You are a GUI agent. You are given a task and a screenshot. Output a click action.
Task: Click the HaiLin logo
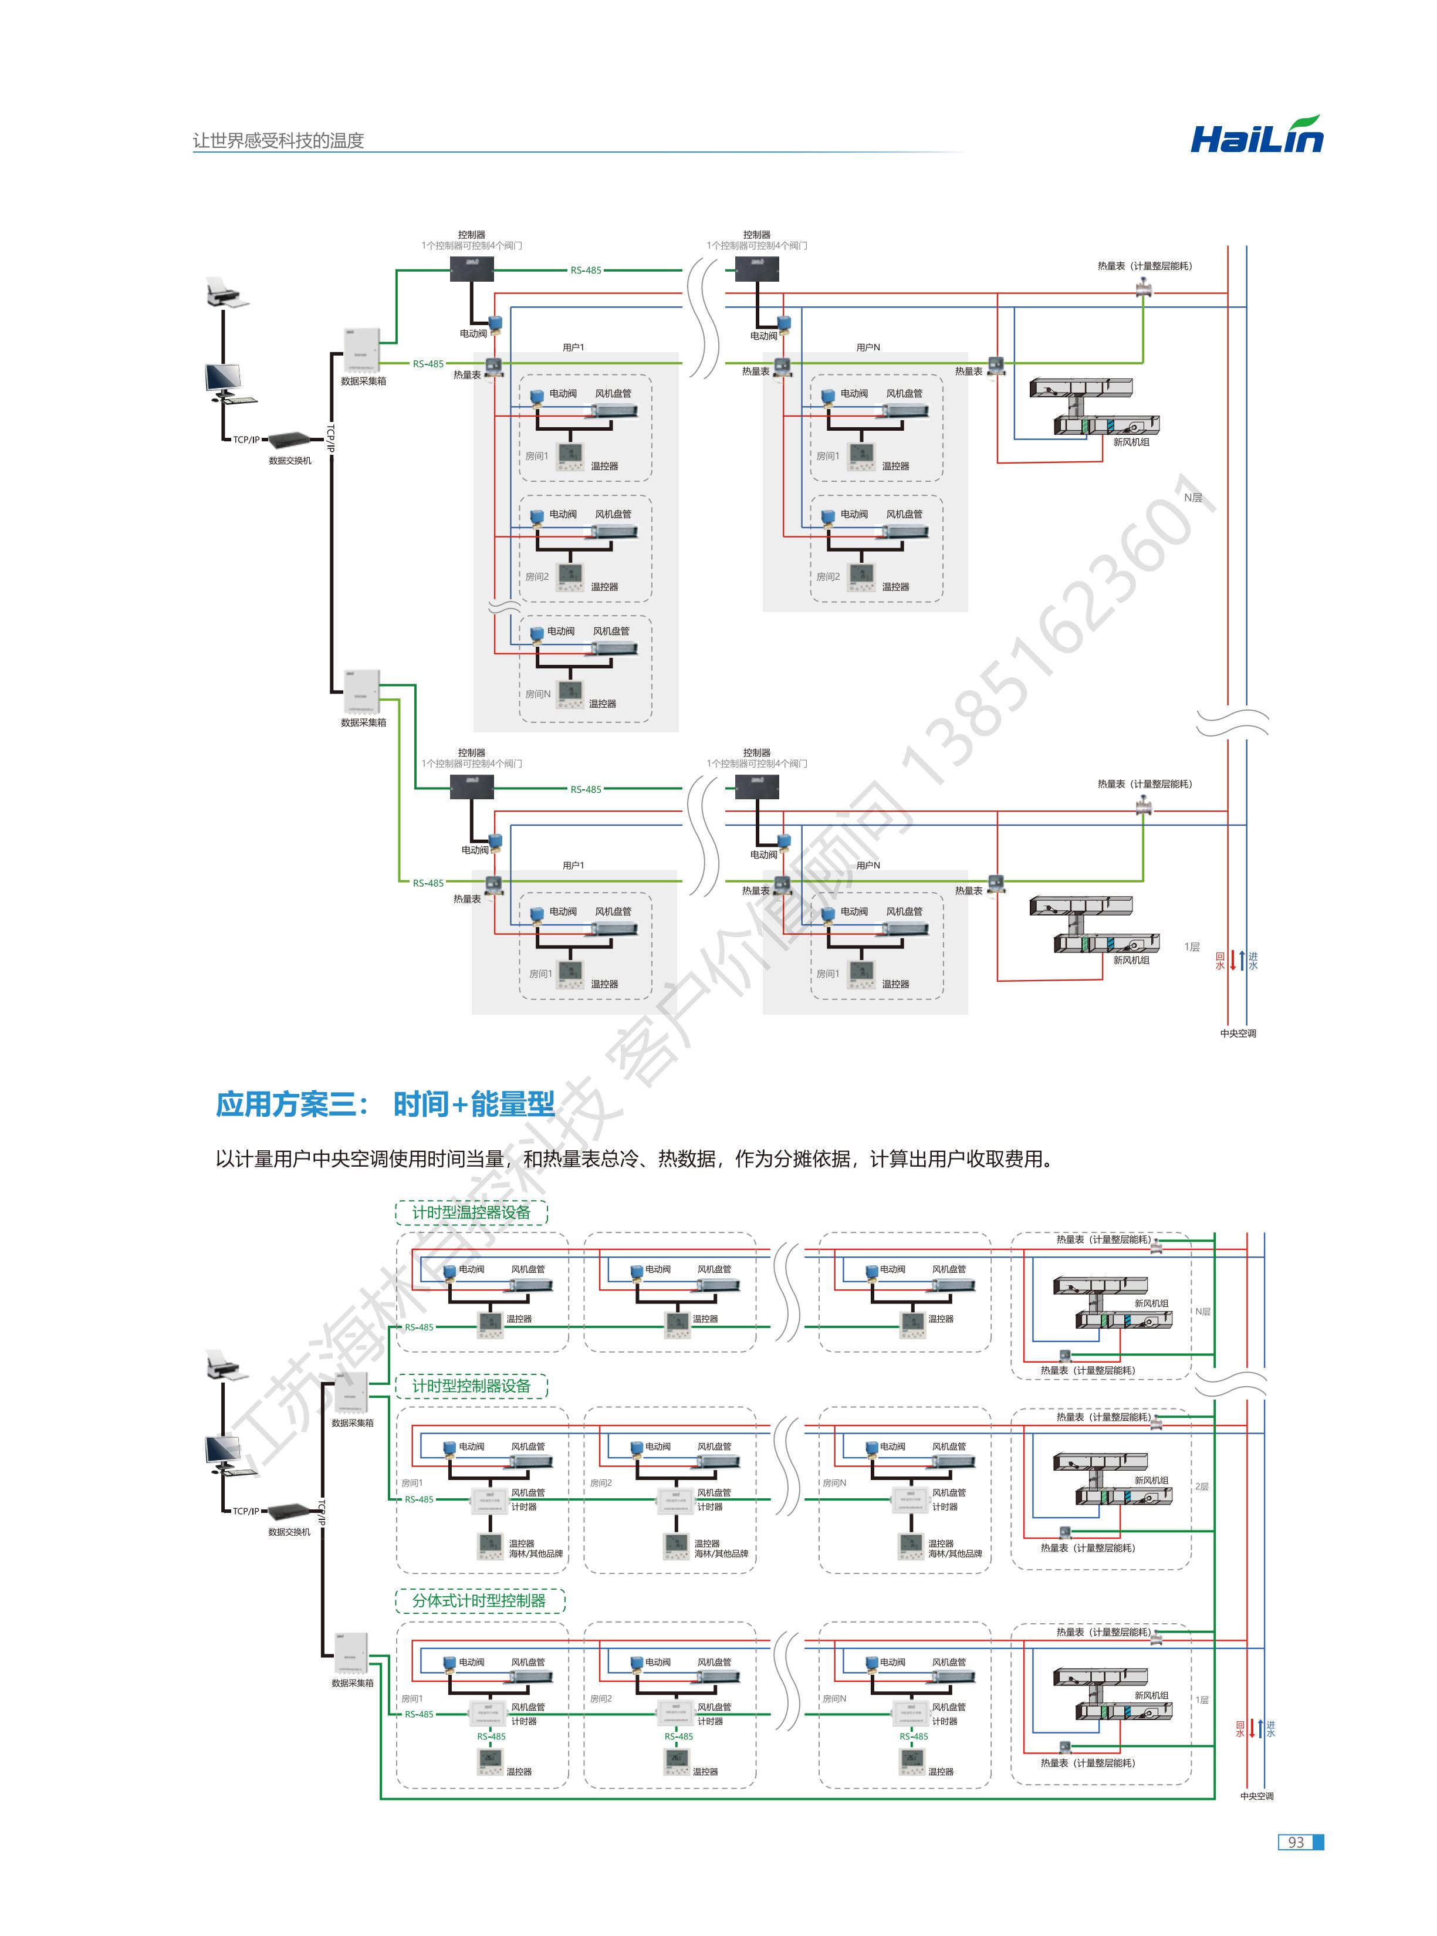pos(1256,137)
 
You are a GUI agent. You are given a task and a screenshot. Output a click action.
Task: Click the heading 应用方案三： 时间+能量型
pos(384,1104)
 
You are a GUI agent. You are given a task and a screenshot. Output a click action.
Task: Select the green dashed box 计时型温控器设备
pos(471,1211)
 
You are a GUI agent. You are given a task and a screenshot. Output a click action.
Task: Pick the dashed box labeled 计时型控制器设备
pos(471,1386)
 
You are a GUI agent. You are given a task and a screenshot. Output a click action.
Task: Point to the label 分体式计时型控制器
pos(479,1600)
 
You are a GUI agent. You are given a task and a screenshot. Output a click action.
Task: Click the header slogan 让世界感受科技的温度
pos(278,140)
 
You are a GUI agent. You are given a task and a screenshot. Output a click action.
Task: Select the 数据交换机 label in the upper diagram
pos(290,460)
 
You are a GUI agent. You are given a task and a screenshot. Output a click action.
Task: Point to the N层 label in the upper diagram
pos(1192,498)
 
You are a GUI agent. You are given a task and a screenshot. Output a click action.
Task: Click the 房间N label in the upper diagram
pos(537,694)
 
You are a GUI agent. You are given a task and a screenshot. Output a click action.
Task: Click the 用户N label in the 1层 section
pos(867,866)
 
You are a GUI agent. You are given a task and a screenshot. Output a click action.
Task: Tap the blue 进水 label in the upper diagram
pos(1253,960)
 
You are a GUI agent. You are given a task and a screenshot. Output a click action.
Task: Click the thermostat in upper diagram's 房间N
pos(570,693)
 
